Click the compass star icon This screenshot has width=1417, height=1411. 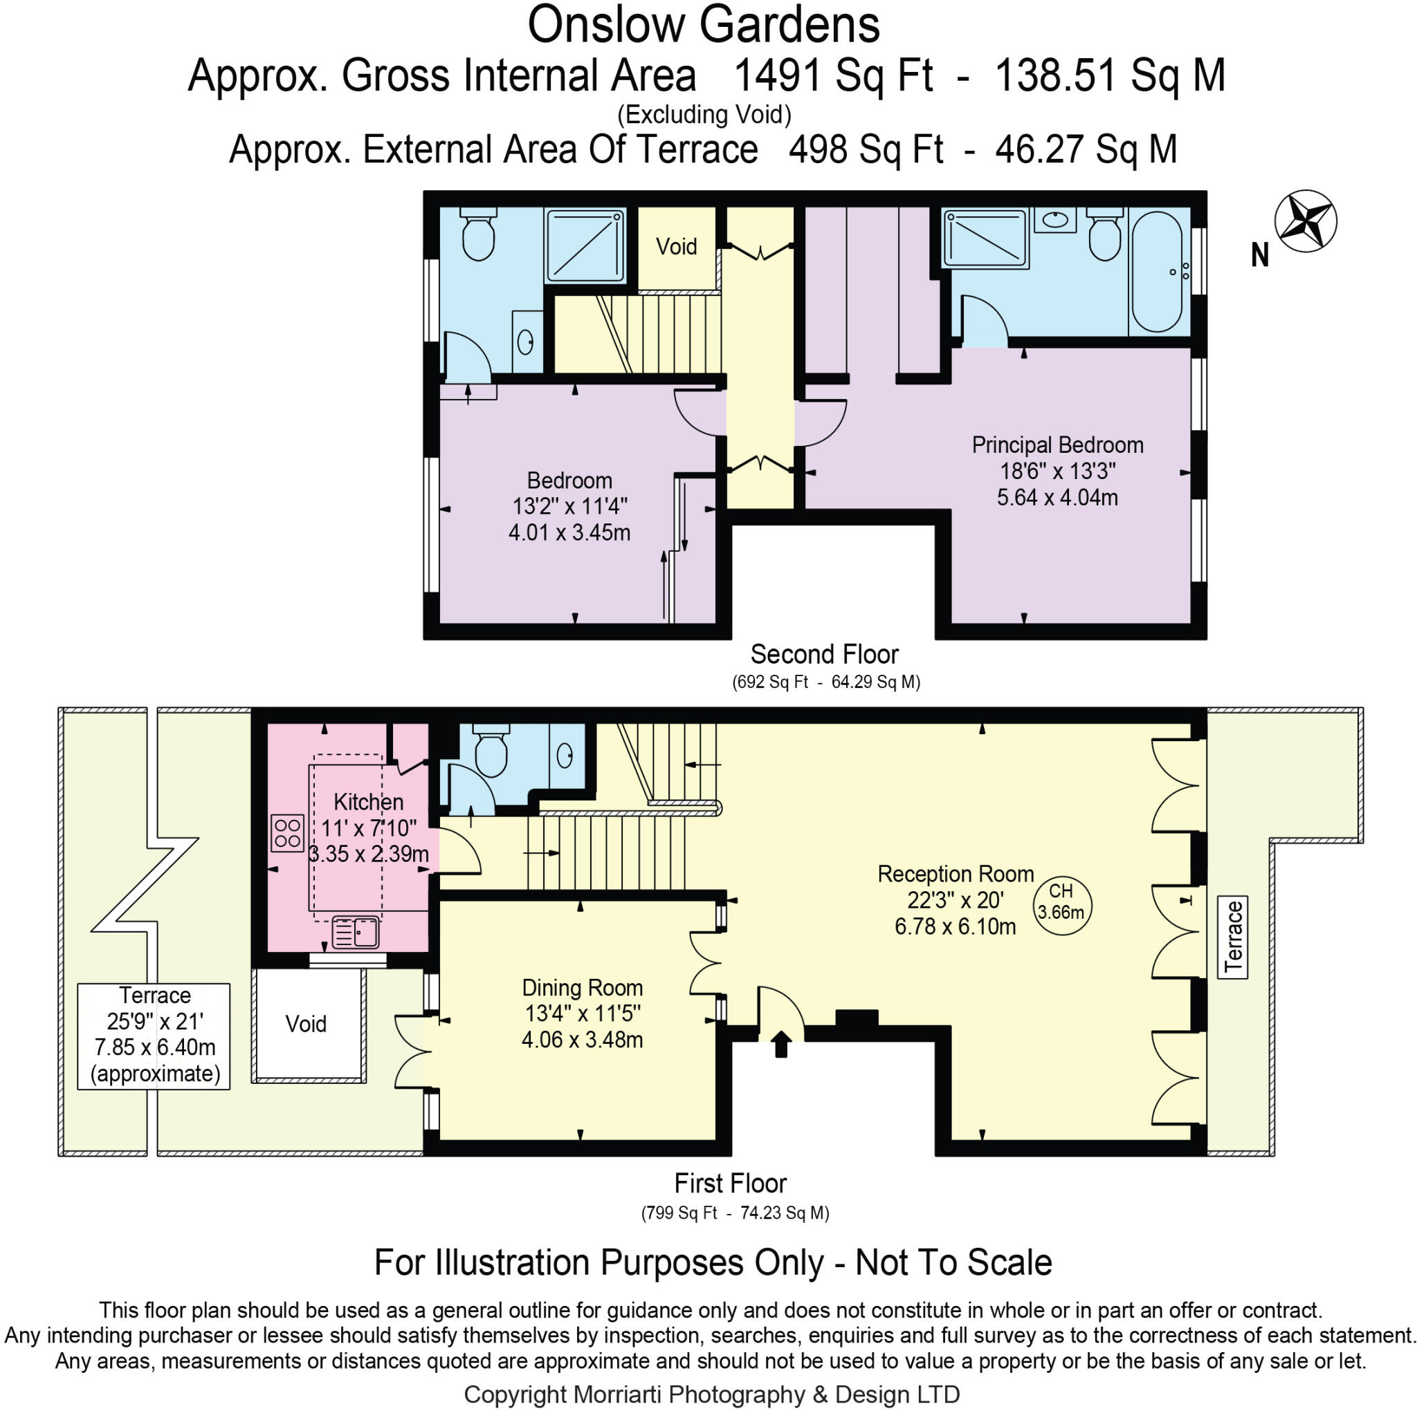1305,221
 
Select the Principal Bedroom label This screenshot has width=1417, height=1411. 1057,445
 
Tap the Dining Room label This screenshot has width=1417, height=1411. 582,987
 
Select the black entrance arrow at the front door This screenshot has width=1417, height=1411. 780,1043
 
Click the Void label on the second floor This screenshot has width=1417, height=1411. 675,247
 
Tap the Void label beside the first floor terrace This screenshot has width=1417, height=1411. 306,1024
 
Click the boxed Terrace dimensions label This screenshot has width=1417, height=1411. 154,1035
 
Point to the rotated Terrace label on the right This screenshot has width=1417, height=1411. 1233,937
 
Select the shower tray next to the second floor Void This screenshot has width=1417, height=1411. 585,245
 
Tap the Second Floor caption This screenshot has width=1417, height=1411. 824,654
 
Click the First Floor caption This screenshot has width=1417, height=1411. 731,1183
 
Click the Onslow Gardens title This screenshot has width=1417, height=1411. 703,25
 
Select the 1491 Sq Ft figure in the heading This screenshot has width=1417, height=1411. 833,75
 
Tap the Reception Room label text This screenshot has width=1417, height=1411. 955,874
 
